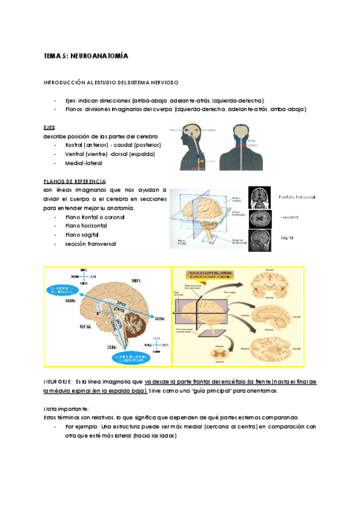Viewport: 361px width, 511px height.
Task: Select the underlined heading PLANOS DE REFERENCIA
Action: pos(75,181)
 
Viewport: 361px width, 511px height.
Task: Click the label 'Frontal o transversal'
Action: pos(297,197)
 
